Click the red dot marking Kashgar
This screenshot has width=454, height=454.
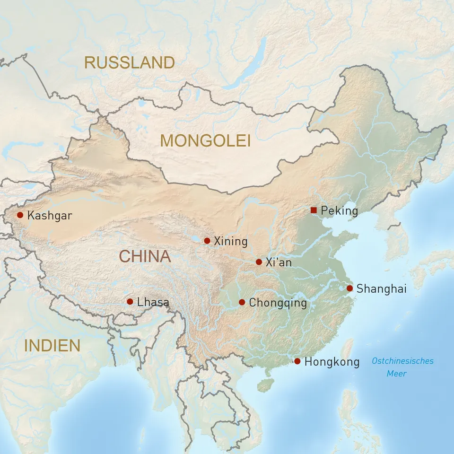pos(20,215)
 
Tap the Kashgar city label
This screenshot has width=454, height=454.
pos(50,216)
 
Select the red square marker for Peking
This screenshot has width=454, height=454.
pos(314,210)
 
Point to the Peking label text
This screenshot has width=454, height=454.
pos(339,211)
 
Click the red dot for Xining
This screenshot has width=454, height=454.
pos(207,241)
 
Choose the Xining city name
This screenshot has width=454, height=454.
pos(231,242)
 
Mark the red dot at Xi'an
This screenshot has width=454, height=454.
pos(259,262)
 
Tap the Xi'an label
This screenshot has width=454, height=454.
pos(279,262)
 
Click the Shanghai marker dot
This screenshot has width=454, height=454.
pos(349,288)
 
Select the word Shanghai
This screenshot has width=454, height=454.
pos(382,288)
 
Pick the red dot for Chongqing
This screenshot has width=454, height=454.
pos(242,302)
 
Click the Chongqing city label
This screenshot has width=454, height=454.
pos(278,303)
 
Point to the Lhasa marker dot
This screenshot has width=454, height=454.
pos(130,301)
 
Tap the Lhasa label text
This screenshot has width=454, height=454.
pos(153,302)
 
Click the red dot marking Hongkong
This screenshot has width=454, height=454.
pos(297,361)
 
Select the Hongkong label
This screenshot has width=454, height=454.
pos(332,362)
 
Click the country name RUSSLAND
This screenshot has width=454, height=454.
pos(130,62)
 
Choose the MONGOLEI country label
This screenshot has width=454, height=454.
pos(205,140)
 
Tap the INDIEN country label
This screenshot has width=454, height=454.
pos(52,346)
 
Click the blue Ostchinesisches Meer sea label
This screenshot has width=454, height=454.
pos(402,367)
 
